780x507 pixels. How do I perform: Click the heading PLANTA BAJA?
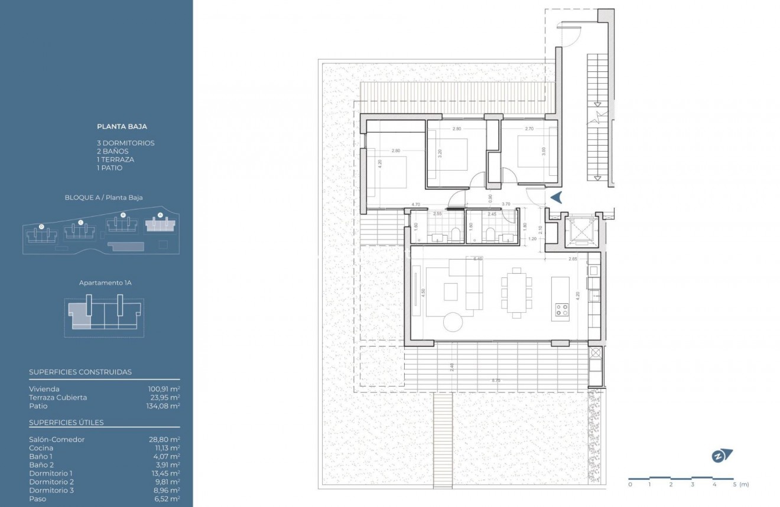coord(122,126)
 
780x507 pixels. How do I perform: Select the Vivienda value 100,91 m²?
coord(164,389)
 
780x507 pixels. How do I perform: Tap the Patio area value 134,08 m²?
coord(164,406)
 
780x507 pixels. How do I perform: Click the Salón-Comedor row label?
coord(57,440)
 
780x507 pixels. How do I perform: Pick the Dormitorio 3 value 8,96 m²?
coord(165,490)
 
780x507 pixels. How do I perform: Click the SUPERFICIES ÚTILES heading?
coord(66,423)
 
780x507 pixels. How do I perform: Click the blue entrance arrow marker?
coord(556,198)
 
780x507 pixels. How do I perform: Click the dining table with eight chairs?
coord(516,289)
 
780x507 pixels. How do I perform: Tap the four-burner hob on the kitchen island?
coord(560,310)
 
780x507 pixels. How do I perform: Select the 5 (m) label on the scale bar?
coord(738,485)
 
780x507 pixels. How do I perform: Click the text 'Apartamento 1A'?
coord(105,283)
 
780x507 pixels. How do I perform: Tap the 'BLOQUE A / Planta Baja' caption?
coord(103,198)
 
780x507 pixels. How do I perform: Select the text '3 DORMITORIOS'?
coord(125,143)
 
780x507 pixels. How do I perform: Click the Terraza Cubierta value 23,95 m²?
coord(164,397)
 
